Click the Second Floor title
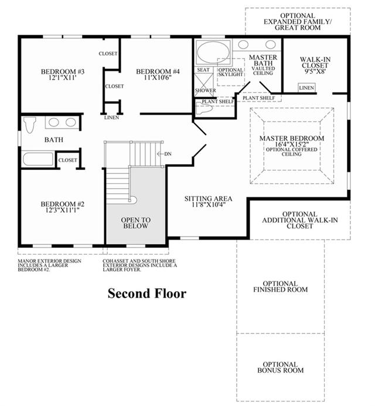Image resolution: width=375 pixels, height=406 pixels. [x=147, y=294]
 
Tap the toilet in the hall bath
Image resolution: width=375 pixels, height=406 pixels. [x=29, y=125]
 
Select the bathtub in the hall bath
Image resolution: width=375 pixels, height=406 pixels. [x=38, y=159]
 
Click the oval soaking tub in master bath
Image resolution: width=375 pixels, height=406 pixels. [x=213, y=52]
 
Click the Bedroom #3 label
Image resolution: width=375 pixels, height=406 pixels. [x=63, y=71]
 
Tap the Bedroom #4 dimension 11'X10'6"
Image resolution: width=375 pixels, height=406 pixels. [x=158, y=77]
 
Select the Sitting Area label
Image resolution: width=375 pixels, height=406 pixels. [x=208, y=199]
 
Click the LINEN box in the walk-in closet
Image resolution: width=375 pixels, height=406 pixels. [x=306, y=88]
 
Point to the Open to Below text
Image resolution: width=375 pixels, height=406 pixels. [x=136, y=223]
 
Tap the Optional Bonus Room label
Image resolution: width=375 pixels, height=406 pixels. [x=281, y=367]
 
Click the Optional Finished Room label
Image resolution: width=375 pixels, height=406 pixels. [x=281, y=286]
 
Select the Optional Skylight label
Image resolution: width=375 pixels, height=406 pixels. [x=230, y=72]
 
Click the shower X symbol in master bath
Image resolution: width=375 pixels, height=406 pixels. [x=203, y=81]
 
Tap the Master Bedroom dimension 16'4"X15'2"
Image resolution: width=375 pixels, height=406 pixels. [x=292, y=144]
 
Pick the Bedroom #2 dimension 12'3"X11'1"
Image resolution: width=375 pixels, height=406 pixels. [x=63, y=210]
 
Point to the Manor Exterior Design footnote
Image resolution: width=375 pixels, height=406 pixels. [x=49, y=265]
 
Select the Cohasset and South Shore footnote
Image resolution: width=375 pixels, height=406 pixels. [x=140, y=265]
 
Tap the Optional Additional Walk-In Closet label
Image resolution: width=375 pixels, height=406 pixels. [x=300, y=220]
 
